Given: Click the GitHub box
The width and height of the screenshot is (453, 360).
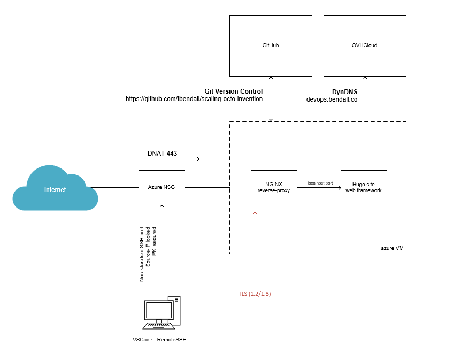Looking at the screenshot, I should (x=271, y=46).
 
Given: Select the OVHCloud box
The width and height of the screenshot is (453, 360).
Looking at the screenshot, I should (x=365, y=46).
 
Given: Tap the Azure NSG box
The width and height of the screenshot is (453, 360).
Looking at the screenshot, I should (x=162, y=188).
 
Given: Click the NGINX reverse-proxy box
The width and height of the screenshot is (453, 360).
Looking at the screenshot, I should (x=274, y=188).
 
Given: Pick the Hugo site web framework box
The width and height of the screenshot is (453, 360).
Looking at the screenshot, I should (x=364, y=188).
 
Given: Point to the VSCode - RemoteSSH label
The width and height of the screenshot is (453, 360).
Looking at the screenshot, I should (x=160, y=339).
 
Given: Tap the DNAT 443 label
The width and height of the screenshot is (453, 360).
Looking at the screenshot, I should (x=162, y=154).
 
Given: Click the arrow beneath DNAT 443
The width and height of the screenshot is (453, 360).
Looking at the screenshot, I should (x=160, y=159).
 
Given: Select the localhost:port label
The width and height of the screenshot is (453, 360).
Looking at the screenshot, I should (x=320, y=183).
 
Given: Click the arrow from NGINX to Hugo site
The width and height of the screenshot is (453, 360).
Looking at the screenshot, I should (x=319, y=188).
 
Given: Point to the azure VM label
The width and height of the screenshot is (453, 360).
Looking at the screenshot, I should (x=393, y=248).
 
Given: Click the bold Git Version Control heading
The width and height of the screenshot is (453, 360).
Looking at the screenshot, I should (x=234, y=91).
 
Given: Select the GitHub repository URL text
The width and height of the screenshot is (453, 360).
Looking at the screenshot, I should (x=194, y=99).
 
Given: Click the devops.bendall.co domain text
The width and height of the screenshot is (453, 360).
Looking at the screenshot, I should (x=332, y=99).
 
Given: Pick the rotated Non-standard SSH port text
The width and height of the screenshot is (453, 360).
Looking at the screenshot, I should (x=142, y=254).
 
